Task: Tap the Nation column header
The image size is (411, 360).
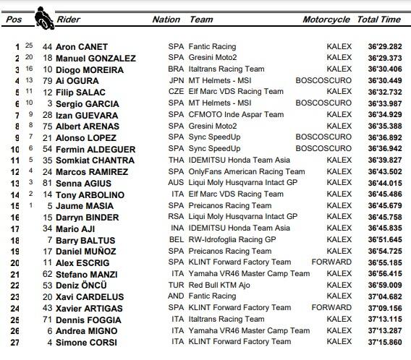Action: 166,20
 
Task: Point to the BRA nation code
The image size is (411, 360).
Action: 176,69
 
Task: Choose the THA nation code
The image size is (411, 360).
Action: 176,160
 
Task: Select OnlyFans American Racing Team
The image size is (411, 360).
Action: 247,171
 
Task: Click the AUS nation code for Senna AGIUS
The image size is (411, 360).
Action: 176,183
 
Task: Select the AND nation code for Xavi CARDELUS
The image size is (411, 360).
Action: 176,296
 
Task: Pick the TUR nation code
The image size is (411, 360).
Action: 176,285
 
